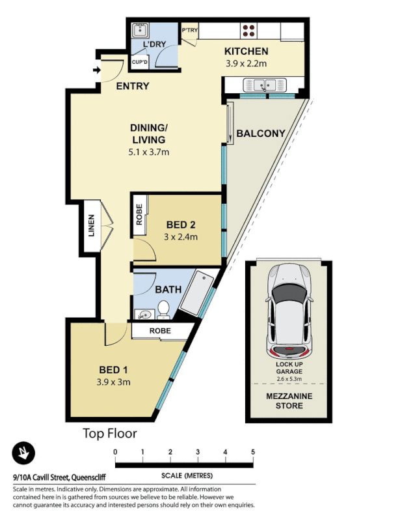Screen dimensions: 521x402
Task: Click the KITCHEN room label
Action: pos(247,51)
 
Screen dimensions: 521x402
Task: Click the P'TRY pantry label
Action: pos(190,31)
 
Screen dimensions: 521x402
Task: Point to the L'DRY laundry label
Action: pos(155,44)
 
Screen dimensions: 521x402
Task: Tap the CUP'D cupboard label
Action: pos(141,63)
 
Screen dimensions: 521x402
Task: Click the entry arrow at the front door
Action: pos(97,70)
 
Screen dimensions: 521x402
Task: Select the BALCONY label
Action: pos(261,134)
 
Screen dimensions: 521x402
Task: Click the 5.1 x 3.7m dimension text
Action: pos(148,152)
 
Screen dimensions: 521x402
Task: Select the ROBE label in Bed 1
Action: pos(159,331)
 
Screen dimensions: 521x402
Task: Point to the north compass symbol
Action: pos(23,453)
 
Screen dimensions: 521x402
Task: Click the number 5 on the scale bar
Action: pos(252,452)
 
